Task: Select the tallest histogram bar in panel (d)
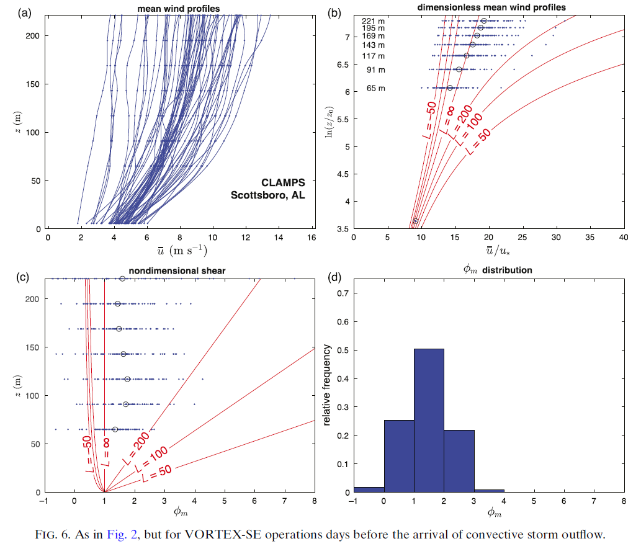[x=429, y=420]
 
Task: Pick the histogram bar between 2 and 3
[x=459, y=461]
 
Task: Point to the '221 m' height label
[x=373, y=22]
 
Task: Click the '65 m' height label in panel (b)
[x=375, y=88]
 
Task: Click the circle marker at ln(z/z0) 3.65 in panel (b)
[x=416, y=221]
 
